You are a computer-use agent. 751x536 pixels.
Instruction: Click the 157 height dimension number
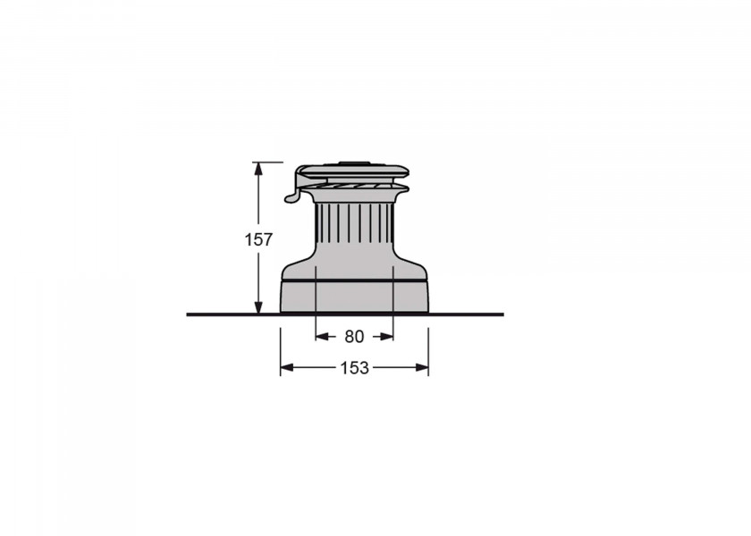click(258, 239)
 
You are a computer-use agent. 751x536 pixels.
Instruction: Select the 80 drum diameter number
click(354, 337)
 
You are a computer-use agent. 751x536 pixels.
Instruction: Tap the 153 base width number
click(354, 367)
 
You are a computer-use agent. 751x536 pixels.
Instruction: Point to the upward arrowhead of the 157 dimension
click(258, 169)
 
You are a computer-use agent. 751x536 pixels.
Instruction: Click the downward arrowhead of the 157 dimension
click(258, 307)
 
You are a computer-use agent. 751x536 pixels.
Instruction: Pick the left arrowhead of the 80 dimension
click(323, 337)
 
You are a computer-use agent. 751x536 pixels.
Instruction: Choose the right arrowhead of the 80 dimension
click(386, 337)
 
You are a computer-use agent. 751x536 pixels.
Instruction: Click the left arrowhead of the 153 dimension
click(287, 367)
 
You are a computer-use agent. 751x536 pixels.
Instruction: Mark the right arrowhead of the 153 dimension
click(422, 367)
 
